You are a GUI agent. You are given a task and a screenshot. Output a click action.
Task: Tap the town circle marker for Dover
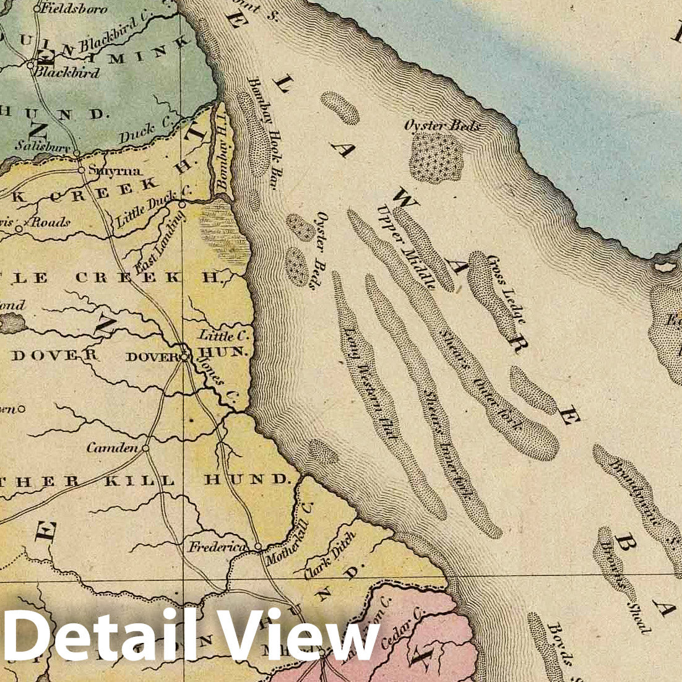tap(184, 356)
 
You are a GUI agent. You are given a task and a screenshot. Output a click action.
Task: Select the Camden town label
tap(112, 447)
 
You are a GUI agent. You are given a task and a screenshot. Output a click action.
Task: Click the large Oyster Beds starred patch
tap(436, 158)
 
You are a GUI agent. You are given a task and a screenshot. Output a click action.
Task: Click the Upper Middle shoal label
tap(406, 246)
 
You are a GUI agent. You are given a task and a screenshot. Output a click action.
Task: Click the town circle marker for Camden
tap(146, 448)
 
